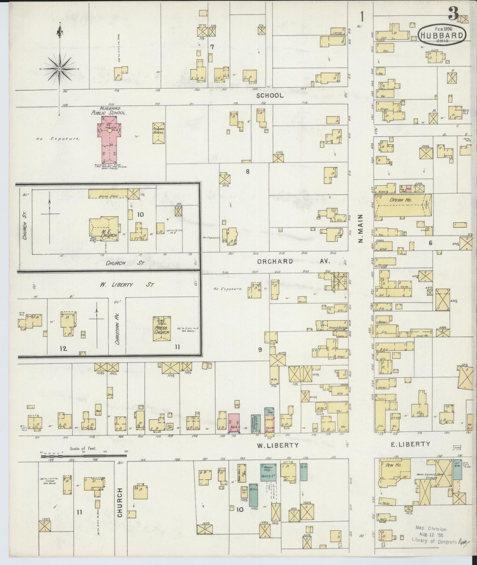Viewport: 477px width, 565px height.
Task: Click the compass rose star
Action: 60,69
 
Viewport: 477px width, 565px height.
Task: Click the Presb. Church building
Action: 162,330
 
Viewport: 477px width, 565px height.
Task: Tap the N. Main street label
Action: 360,228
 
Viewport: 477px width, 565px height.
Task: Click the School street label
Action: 270,95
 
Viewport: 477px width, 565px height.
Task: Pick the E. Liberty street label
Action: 410,444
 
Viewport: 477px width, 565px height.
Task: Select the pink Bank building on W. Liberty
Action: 233,423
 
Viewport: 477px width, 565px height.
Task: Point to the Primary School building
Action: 159,133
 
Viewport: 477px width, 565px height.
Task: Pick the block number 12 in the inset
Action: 63,348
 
